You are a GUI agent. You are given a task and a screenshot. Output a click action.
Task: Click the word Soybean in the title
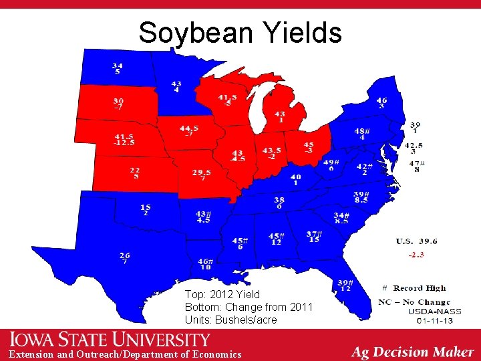coord(194,32)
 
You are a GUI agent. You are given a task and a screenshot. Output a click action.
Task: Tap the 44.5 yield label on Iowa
coord(188,128)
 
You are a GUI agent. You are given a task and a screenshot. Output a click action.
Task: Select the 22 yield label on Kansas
coord(136,170)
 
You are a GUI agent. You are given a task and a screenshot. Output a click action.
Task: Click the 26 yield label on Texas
coord(125,255)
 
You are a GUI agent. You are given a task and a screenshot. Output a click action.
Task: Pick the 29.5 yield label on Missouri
coord(202,172)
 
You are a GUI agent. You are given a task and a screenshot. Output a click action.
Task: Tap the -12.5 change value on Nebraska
coord(124,142)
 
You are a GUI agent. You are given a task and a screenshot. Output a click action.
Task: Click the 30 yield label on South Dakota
coord(118,100)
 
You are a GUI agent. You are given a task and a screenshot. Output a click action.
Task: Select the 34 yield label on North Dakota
coord(118,65)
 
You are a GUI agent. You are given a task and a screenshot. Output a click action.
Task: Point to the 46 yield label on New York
coord(381,100)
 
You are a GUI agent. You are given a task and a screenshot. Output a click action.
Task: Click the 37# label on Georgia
coord(314,234)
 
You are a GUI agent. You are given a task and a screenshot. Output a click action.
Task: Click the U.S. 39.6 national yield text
coord(416,241)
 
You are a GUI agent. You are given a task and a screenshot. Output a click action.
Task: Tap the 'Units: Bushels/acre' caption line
coord(230,320)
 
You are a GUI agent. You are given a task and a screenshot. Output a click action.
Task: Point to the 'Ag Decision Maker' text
coord(412,352)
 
